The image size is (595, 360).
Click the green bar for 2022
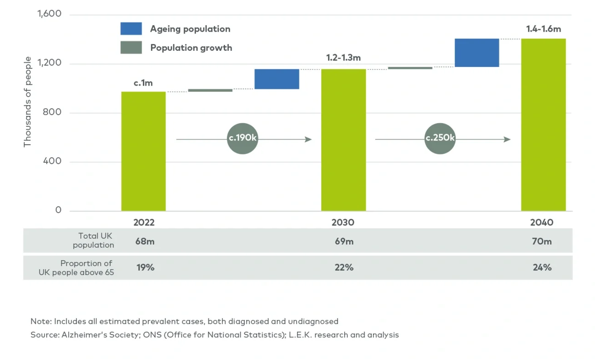[x=143, y=151]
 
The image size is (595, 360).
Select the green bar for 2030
[x=343, y=140]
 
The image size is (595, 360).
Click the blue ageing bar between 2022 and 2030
[x=276, y=79]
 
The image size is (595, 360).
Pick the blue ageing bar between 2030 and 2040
[x=476, y=53]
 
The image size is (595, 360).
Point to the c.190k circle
[x=243, y=139]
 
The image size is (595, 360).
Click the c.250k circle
[x=440, y=139]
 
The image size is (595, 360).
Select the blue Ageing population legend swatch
[x=131, y=29]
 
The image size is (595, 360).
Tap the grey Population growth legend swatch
[x=131, y=48]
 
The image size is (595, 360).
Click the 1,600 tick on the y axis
[x=49, y=14]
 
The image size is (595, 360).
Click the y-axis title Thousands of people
[x=27, y=102]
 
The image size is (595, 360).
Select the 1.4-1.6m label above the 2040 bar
[x=543, y=29]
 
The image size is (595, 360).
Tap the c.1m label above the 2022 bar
[x=143, y=83]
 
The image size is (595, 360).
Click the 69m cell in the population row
[x=344, y=241]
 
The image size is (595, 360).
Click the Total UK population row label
[x=93, y=240]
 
